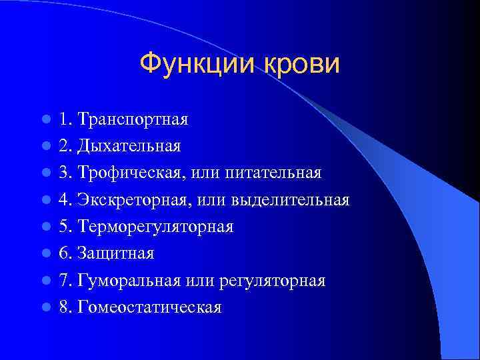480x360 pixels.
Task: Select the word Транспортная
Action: click(x=133, y=120)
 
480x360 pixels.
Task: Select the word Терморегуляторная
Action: click(x=155, y=227)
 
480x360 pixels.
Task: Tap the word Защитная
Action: click(x=116, y=254)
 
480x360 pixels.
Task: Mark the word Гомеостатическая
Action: click(x=149, y=307)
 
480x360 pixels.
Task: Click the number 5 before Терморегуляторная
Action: click(x=63, y=227)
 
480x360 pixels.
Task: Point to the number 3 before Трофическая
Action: click(x=63, y=173)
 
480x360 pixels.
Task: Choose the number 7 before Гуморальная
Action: click(x=63, y=281)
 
